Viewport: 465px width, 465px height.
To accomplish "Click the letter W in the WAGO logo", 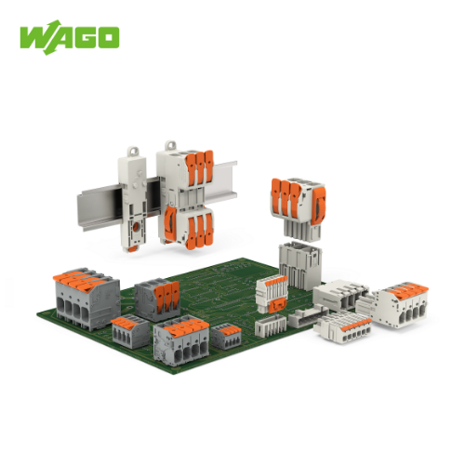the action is point(34,37).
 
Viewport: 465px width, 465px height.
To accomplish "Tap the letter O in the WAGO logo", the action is point(108,37).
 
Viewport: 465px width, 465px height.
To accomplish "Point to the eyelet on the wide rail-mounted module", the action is point(170,146).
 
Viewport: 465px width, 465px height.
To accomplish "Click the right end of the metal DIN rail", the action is point(235,179).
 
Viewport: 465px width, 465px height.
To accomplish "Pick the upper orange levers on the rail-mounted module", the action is point(200,168).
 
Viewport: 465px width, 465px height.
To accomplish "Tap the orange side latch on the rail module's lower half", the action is point(170,223).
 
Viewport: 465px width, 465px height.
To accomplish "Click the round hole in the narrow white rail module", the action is point(135,227).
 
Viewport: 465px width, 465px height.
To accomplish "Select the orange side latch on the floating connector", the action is point(318,206).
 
